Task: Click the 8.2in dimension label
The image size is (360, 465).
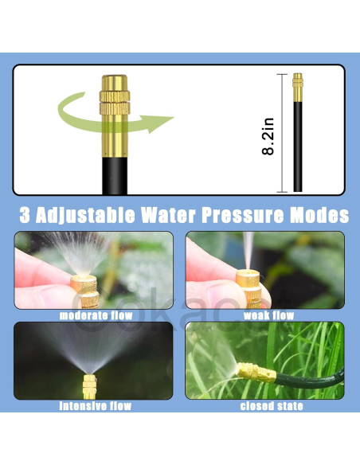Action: (268, 136)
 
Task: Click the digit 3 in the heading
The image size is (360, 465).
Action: (25, 215)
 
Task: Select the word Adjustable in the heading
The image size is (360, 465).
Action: (85, 215)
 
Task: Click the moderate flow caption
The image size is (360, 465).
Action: (96, 315)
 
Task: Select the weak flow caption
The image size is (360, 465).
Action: (268, 315)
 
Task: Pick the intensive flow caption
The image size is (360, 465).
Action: (96, 406)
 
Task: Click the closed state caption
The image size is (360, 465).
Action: (272, 406)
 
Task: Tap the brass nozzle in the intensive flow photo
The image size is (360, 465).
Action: (89, 387)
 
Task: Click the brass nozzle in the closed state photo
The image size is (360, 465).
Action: (256, 372)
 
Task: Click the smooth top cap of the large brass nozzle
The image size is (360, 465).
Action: (115, 83)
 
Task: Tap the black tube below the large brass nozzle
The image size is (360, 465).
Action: (115, 176)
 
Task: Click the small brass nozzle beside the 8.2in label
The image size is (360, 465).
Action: (298, 88)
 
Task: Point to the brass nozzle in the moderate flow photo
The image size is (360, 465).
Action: (85, 291)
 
